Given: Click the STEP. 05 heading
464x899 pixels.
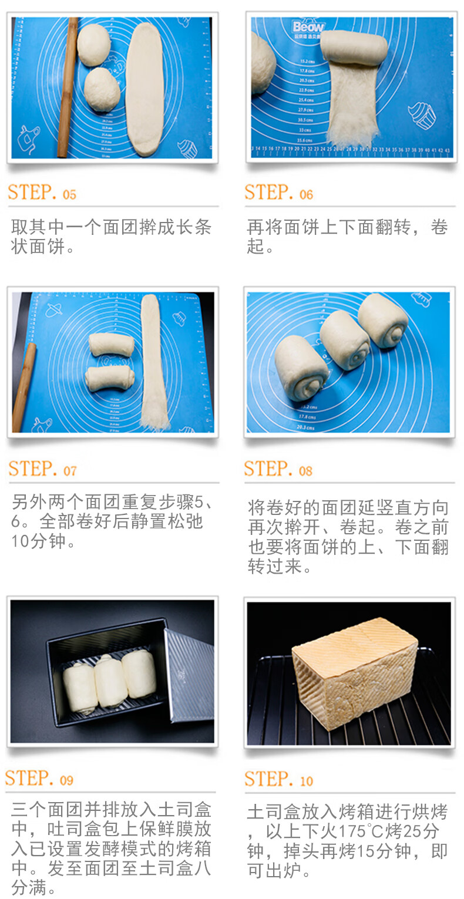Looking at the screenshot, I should tap(42, 193).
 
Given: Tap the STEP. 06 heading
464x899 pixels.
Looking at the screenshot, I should tap(279, 193).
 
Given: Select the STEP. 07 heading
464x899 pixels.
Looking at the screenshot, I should tap(42, 469).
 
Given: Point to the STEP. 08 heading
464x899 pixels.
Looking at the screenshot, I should tap(279, 469).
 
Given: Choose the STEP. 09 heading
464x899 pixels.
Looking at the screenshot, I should tap(40, 779).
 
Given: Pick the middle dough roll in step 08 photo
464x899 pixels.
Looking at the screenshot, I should tap(345, 340).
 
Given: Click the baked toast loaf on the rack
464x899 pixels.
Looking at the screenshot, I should tap(352, 675).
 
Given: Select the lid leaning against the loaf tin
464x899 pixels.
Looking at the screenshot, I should tap(189, 675).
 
